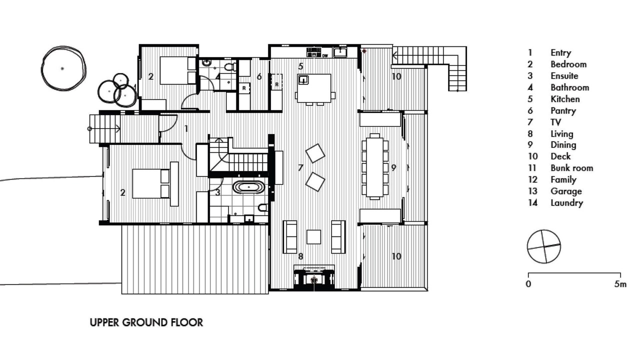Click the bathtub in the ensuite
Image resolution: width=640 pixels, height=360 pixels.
pos(248,187)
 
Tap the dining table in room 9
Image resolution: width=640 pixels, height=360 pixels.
pos(375,167)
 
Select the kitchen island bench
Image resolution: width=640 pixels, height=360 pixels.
pos(314,88)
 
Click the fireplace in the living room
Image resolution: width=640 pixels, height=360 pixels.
pos(314,278)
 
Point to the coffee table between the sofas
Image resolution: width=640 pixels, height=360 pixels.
pos(313,237)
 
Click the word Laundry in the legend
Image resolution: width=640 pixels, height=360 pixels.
pos(566,203)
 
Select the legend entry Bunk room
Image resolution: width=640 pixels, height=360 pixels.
pos(571,168)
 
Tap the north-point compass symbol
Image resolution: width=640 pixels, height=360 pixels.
pos(543,246)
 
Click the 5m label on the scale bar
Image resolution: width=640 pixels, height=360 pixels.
pos(620,284)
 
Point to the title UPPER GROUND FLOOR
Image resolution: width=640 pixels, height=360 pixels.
pos(146,322)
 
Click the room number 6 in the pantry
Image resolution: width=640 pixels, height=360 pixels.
pos(259,76)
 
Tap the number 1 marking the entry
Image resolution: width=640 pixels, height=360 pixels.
pos(186,129)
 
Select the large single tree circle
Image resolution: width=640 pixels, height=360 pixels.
pos(63,68)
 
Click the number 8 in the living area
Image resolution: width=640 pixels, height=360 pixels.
pos(300,256)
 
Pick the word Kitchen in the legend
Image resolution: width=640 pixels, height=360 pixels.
pos(565,99)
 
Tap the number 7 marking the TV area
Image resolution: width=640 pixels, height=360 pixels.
pos(300,167)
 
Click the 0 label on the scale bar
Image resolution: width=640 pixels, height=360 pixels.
pos(528,284)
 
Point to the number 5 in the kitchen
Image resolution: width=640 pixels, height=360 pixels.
pos(300,66)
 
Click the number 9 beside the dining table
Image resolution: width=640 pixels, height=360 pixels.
pos(393,167)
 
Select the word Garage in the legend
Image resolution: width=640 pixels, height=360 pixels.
pos(566,191)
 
